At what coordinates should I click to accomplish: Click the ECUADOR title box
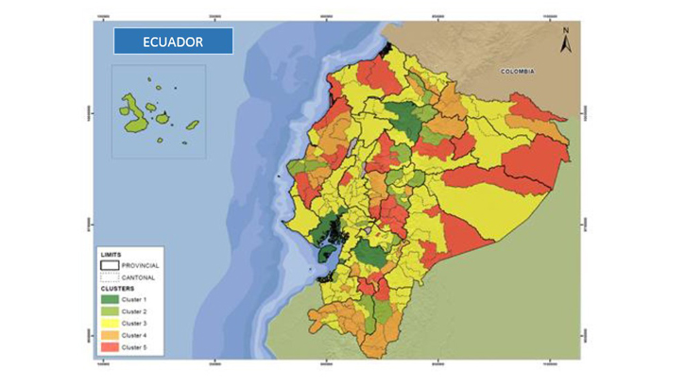(172, 42)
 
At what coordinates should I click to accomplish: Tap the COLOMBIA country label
(518, 72)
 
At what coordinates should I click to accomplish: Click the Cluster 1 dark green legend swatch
(110, 299)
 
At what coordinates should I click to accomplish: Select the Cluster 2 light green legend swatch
(110, 311)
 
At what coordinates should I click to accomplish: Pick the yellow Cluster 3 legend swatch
(110, 324)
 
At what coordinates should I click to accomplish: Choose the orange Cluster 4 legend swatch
(110, 336)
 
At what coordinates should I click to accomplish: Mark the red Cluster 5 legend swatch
(110, 348)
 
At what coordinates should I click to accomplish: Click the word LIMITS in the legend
(111, 255)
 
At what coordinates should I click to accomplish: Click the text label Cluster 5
(136, 348)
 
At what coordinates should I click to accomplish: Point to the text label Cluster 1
(136, 299)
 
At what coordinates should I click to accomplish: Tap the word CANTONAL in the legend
(138, 277)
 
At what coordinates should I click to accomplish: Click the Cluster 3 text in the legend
(136, 324)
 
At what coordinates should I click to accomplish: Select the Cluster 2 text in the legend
(136, 311)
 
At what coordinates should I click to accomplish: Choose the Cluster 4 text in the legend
(136, 336)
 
